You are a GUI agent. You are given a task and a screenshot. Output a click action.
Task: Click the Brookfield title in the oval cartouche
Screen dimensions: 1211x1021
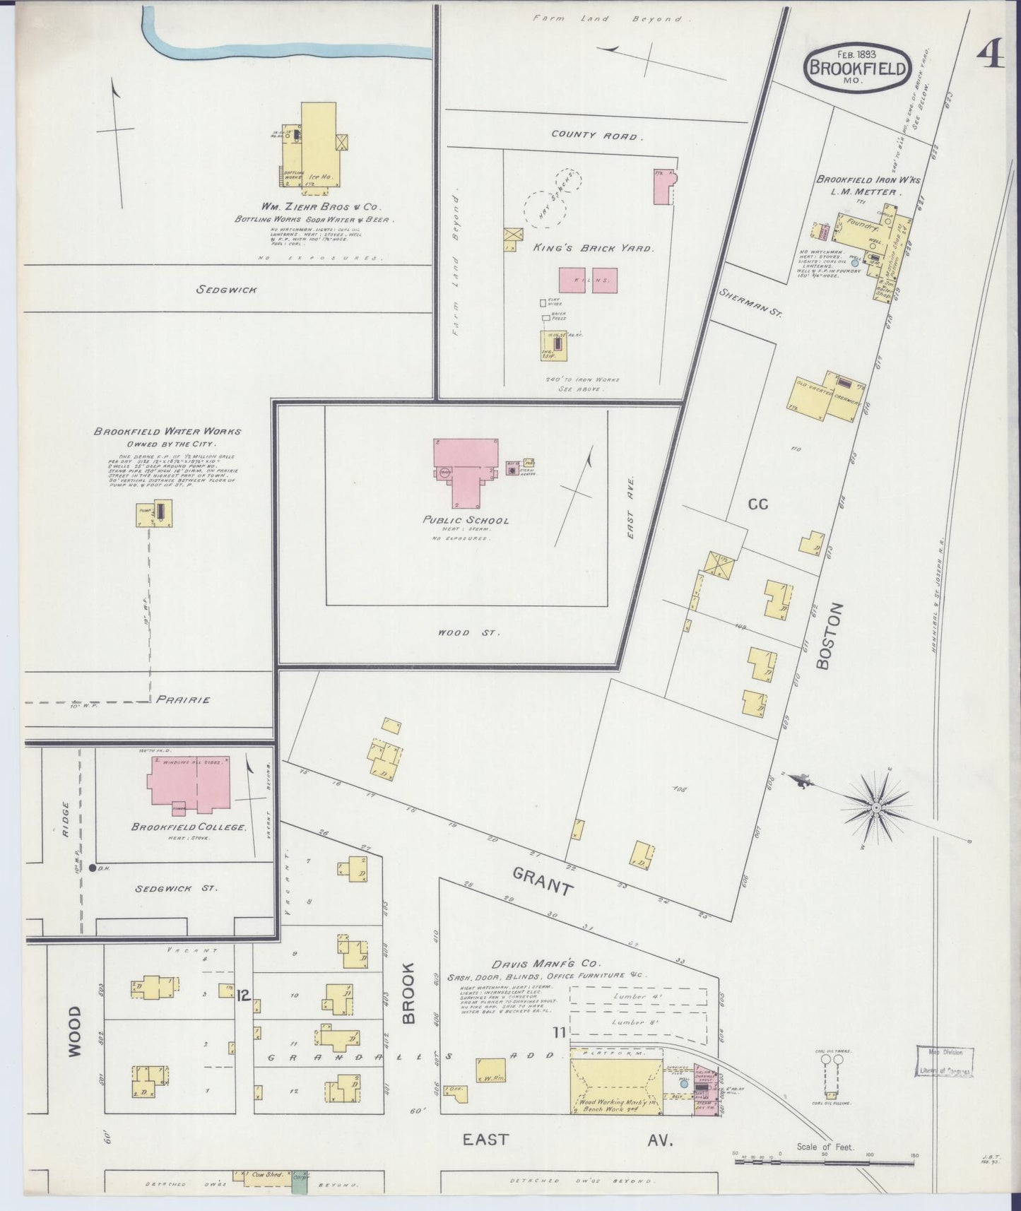click(x=857, y=69)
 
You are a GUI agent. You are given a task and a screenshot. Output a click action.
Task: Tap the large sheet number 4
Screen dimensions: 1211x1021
click(x=991, y=54)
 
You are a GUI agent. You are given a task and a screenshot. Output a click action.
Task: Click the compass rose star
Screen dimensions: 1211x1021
click(x=876, y=807)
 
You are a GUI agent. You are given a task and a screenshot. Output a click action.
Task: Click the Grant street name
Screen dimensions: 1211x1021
click(x=542, y=881)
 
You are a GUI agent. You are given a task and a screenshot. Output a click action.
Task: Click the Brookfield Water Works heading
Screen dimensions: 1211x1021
click(x=167, y=431)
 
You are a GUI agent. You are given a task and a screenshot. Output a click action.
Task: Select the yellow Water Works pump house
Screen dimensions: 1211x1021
click(x=154, y=513)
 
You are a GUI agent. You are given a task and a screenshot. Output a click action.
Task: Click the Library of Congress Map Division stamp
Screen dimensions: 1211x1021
click(x=944, y=1062)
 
